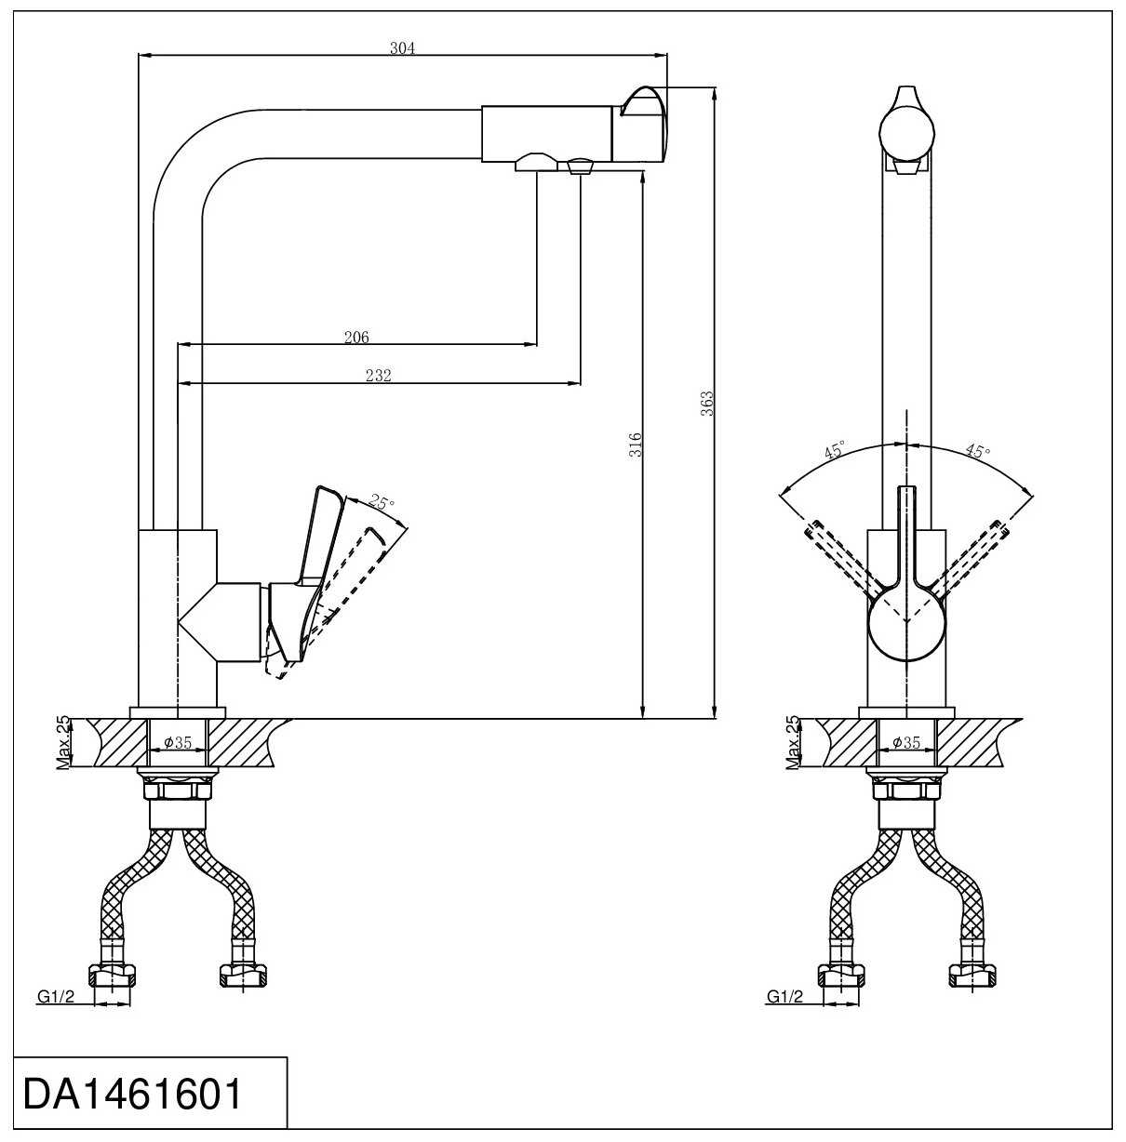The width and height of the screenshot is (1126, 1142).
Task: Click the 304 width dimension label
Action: point(402,48)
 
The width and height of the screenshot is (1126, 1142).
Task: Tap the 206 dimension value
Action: point(356,338)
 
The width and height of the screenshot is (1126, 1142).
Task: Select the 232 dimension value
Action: point(379,376)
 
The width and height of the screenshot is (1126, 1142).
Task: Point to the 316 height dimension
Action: point(636,444)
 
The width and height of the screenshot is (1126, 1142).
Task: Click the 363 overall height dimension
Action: point(707,403)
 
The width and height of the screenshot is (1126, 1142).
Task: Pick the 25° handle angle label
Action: point(382,503)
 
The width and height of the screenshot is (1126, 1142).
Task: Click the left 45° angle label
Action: point(833,452)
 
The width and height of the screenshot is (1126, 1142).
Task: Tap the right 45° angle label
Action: point(977,452)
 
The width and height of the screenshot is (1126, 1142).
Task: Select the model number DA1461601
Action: point(132,1095)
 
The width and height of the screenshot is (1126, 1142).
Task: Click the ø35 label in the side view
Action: point(177,742)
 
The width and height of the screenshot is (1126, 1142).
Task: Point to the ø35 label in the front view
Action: point(905,742)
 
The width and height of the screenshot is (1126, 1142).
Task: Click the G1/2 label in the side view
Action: point(55,997)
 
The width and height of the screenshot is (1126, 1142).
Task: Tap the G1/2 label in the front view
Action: point(784,997)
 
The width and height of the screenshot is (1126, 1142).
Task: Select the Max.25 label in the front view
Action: point(793,743)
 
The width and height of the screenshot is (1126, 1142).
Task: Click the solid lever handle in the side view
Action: point(315,539)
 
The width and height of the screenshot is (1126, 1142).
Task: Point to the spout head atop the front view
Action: point(906,126)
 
